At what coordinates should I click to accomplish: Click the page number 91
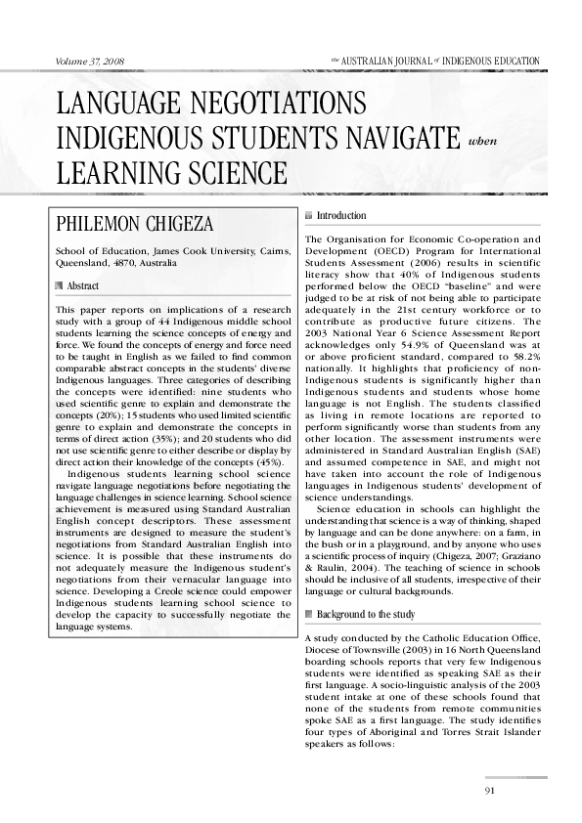(x=491, y=790)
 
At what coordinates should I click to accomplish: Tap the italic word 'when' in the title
(x=483, y=140)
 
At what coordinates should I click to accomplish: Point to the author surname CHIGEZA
(x=204, y=225)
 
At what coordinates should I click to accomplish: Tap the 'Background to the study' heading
(x=366, y=615)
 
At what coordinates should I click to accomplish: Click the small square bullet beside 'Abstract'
(x=62, y=285)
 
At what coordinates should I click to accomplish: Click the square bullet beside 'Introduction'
(x=310, y=215)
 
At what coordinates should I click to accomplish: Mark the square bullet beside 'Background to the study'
(x=310, y=615)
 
